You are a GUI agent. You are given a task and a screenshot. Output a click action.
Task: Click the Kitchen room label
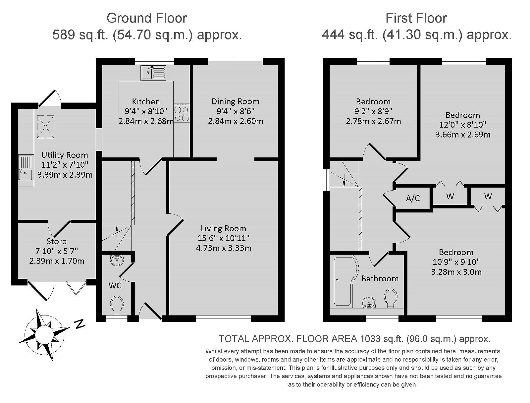point(146,101)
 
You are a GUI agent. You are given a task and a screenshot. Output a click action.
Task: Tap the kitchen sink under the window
point(154,73)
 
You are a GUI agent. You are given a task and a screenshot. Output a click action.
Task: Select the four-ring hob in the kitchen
point(182,113)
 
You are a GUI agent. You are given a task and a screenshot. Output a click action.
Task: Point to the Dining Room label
point(236,101)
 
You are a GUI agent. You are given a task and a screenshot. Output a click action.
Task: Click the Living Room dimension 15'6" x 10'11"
point(223,238)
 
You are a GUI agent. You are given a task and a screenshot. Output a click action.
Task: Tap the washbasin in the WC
point(117,260)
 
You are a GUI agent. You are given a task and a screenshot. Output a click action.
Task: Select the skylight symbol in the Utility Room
point(46,127)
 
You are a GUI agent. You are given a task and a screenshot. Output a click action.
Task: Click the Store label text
point(57,241)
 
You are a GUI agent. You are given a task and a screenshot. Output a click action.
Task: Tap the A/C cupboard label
point(413,198)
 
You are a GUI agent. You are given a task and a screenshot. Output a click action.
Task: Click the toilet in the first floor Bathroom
point(391,298)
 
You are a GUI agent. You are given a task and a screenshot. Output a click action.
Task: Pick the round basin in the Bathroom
point(369,302)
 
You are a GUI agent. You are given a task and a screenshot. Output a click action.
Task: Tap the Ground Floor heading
point(147,18)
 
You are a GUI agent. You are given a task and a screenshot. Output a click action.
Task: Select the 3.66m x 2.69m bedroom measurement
point(463,135)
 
